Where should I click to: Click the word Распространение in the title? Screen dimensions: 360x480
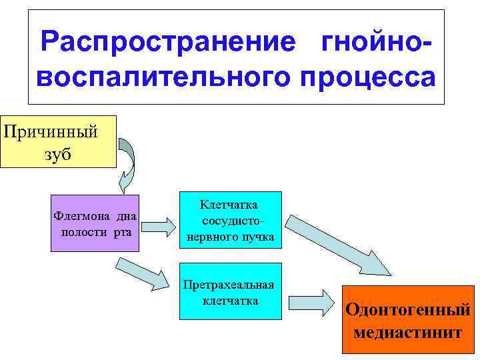pos(167,42)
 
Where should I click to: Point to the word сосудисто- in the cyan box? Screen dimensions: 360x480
pos(231,221)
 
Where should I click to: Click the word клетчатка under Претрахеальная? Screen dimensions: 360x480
pos(231,301)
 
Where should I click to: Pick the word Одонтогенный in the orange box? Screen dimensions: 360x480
pos(407,311)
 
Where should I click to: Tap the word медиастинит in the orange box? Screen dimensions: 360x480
pos(407,332)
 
